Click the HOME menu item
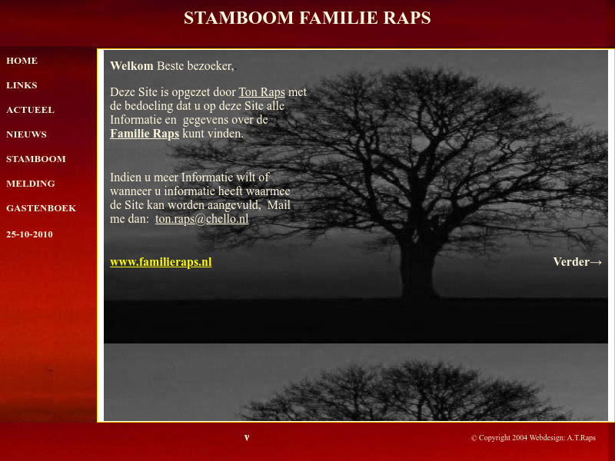(x=22, y=61)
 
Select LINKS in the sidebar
(x=22, y=85)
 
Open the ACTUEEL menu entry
(x=30, y=110)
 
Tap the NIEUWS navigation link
(x=26, y=134)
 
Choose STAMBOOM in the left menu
(x=35, y=159)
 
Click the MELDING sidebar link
(x=30, y=184)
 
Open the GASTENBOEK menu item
(x=41, y=208)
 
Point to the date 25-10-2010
(x=29, y=234)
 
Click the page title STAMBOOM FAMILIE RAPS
(x=307, y=18)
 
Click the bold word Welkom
(x=131, y=66)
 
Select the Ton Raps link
(x=261, y=92)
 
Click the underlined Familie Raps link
(x=145, y=134)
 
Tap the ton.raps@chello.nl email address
(x=201, y=219)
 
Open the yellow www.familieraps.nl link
(x=161, y=262)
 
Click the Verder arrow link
(x=577, y=262)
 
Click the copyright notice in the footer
(x=533, y=438)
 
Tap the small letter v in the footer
(x=247, y=438)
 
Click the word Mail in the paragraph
(x=278, y=205)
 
